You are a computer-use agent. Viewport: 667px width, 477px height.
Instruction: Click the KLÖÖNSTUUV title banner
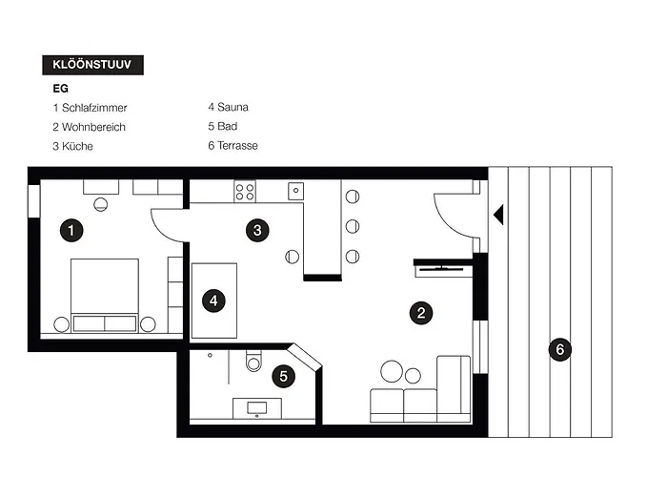tap(92, 65)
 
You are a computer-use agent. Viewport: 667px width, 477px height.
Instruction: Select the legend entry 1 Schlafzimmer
tap(90, 108)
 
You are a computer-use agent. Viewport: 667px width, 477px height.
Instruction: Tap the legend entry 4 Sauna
tap(228, 107)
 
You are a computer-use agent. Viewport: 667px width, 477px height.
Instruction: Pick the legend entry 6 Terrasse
tap(232, 146)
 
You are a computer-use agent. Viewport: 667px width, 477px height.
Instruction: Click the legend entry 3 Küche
tap(72, 146)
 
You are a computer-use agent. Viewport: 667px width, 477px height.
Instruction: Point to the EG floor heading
tap(60, 89)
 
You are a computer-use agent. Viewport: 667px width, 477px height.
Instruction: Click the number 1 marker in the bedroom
tap(71, 231)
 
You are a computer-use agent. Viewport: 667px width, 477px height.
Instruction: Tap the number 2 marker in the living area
tap(421, 313)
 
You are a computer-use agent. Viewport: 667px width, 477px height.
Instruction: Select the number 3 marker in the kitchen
tap(257, 231)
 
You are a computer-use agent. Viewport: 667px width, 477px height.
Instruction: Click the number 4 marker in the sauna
tap(213, 301)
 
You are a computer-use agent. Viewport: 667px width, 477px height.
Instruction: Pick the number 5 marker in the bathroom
tap(283, 377)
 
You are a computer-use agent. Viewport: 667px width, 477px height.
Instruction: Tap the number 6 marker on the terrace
tap(560, 350)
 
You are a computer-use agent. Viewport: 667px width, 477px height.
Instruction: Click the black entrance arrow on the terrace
tap(499, 215)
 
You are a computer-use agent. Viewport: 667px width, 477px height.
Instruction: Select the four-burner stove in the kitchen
tap(245, 192)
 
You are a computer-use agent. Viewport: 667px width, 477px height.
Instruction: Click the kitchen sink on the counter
tap(295, 191)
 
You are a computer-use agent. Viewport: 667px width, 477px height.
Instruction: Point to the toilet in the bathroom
tap(253, 362)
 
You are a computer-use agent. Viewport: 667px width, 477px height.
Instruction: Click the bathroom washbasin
tap(257, 408)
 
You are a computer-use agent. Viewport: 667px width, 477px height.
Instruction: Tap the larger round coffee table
tap(392, 371)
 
